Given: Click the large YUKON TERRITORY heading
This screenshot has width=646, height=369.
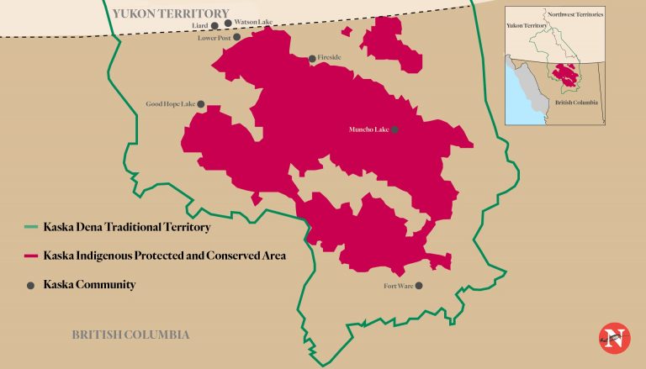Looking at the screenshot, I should (x=170, y=13).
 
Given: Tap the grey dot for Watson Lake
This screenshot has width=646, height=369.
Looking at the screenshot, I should (x=228, y=23).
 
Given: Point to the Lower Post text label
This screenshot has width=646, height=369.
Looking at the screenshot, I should (x=214, y=38).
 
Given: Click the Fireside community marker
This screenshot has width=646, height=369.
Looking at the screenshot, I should (x=312, y=58).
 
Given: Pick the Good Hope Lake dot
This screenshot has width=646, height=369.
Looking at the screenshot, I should (x=201, y=104).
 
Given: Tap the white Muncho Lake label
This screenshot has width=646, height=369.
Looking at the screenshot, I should (x=368, y=129).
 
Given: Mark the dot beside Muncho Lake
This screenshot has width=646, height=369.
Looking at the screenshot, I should (x=394, y=129).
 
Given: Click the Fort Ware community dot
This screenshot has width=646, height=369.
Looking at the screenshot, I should (x=419, y=286).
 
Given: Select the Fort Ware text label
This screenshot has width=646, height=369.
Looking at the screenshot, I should (x=398, y=286).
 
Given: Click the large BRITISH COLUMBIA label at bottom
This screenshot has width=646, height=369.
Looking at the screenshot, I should (x=130, y=335).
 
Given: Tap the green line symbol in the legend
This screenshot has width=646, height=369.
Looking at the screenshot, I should (x=31, y=227).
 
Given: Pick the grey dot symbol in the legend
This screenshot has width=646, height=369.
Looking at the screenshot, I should (x=31, y=285).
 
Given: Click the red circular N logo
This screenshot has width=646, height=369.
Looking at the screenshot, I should (x=614, y=338).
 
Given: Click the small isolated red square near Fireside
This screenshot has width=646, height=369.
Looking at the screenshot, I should (x=347, y=30).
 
